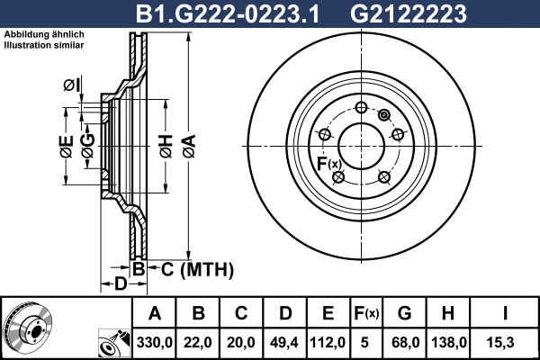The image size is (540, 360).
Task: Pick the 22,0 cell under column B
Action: (x=198, y=341)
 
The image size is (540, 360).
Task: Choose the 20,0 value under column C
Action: (x=241, y=341)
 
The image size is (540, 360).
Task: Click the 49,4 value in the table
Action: (x=284, y=341)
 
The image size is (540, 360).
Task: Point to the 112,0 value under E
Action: (x=328, y=341)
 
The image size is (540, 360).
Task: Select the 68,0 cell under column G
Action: (x=404, y=341)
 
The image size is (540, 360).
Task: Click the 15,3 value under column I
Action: (x=506, y=341)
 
